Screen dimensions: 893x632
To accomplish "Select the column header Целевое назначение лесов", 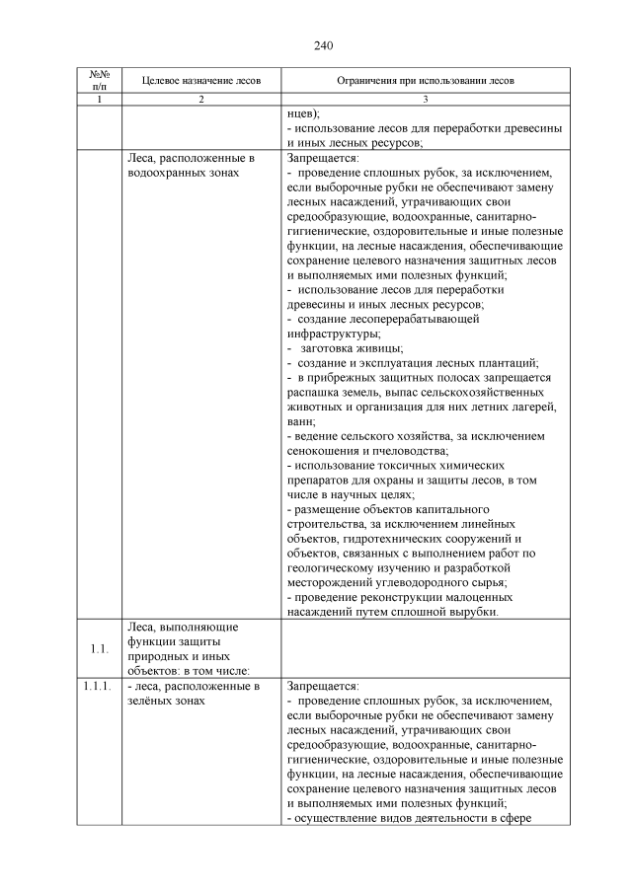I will [x=201, y=79].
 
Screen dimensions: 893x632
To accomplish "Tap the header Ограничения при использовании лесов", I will [x=425, y=79].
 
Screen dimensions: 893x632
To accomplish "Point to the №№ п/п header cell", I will [x=98, y=79].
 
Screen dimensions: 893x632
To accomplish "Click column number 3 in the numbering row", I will [x=425, y=100].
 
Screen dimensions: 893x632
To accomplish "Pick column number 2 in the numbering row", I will [x=201, y=100].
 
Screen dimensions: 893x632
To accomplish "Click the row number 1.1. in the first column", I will [x=97, y=648].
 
